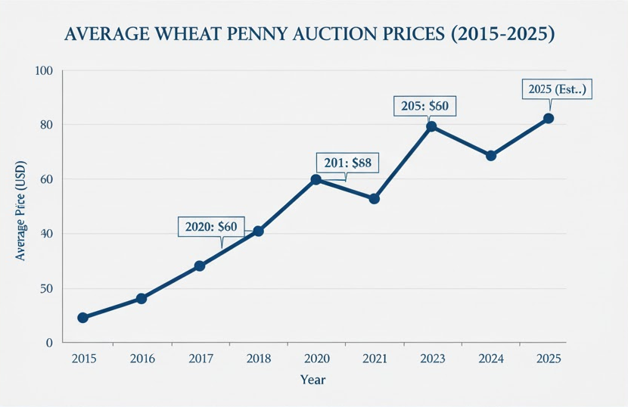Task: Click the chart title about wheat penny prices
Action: click(310, 35)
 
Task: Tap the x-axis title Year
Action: click(312, 379)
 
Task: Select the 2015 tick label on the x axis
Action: click(82, 359)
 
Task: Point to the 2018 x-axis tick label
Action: click(257, 359)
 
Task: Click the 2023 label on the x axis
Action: click(431, 359)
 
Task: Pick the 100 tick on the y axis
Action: click(42, 71)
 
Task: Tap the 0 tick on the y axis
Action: click(48, 343)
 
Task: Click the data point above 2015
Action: click(82, 318)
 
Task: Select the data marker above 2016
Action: click(141, 298)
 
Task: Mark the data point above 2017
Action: click(200, 266)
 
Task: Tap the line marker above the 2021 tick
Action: click(374, 198)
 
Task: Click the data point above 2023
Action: click(431, 126)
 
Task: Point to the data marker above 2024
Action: click(491, 155)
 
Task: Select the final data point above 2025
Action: click(549, 118)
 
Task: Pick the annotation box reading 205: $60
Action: click(426, 106)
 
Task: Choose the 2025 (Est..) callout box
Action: click(556, 89)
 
